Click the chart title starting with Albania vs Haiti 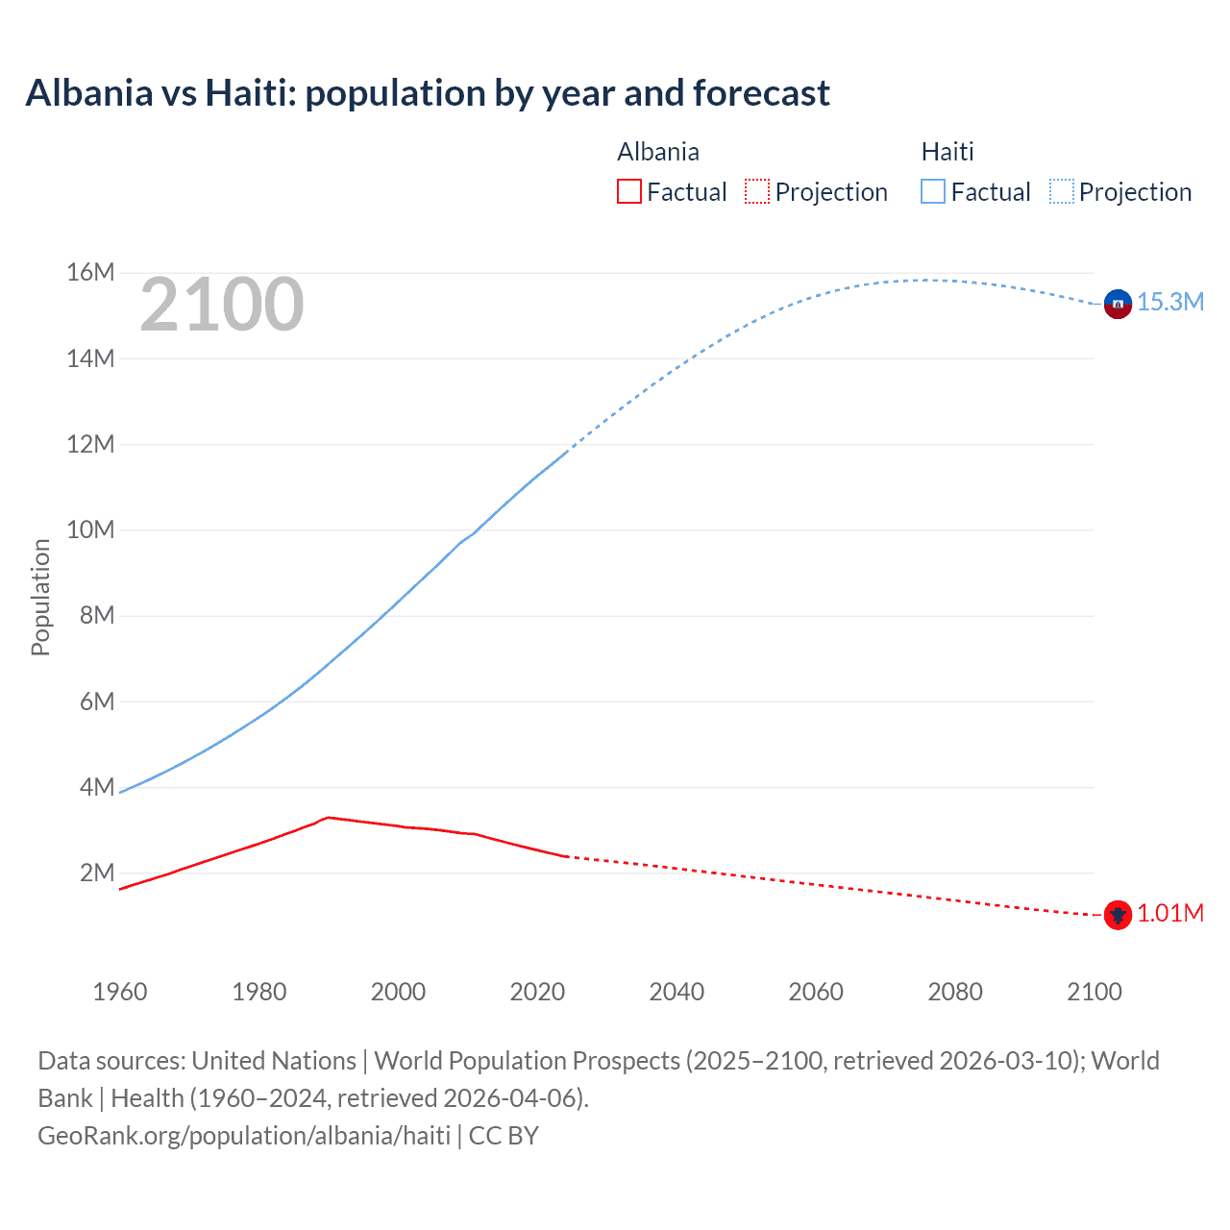coord(428,93)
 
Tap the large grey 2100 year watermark coord(222,305)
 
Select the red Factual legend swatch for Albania coord(629,191)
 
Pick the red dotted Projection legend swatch coord(757,191)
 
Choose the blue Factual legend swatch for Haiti coord(933,191)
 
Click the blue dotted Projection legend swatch coord(1061,191)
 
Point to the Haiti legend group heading coord(947,152)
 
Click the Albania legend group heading coord(658,152)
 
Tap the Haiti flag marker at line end coord(1118,304)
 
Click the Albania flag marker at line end coord(1118,915)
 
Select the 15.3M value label coord(1170,302)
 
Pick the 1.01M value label coord(1170,913)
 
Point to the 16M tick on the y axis coord(90,273)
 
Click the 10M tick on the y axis coord(90,529)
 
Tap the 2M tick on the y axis coord(97,873)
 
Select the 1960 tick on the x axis coord(120,992)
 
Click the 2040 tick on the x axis coord(676,992)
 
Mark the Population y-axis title coord(40,597)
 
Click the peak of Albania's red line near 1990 coord(328,817)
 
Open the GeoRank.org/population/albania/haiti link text coord(244,1136)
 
